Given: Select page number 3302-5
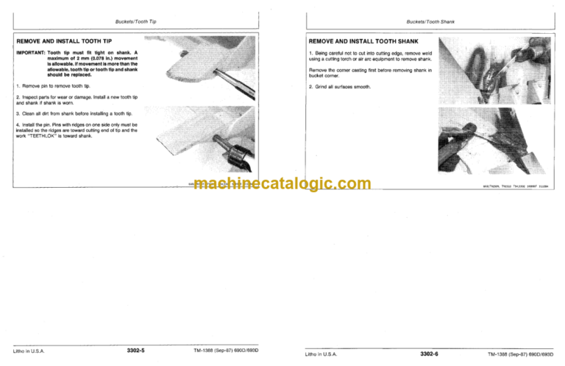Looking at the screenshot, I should [x=135, y=351].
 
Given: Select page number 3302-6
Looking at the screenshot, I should [x=429, y=353].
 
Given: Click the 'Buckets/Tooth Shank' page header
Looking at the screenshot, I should [x=430, y=22].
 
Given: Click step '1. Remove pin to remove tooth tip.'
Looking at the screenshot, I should [x=52, y=86].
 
